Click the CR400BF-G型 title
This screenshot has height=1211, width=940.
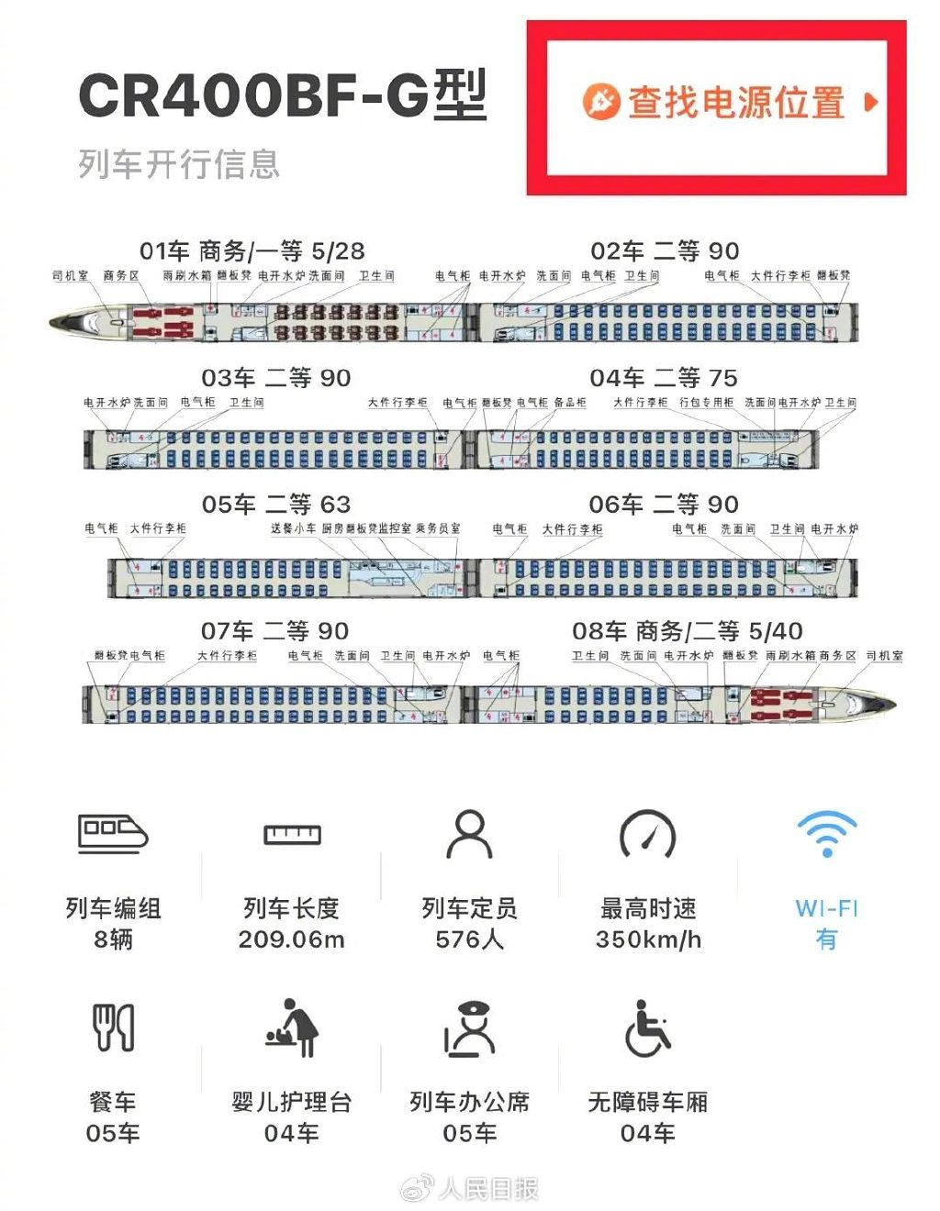282,94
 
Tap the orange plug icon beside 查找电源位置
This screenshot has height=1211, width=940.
600,101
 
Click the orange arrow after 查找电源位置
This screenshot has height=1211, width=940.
870,101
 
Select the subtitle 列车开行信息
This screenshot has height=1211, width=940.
178,164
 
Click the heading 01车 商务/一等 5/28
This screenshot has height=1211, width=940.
252,250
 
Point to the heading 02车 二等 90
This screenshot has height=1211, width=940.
665,250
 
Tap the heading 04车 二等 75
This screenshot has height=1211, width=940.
664,377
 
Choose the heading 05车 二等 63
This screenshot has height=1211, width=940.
275,504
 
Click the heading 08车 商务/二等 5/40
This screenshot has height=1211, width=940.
687,630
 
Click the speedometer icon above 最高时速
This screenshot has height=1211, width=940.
648,834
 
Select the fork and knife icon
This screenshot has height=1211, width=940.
114,1028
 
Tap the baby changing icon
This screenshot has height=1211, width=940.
292,1028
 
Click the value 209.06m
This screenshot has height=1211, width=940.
291,939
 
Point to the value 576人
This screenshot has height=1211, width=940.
469,939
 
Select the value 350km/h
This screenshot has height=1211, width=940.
648,939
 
